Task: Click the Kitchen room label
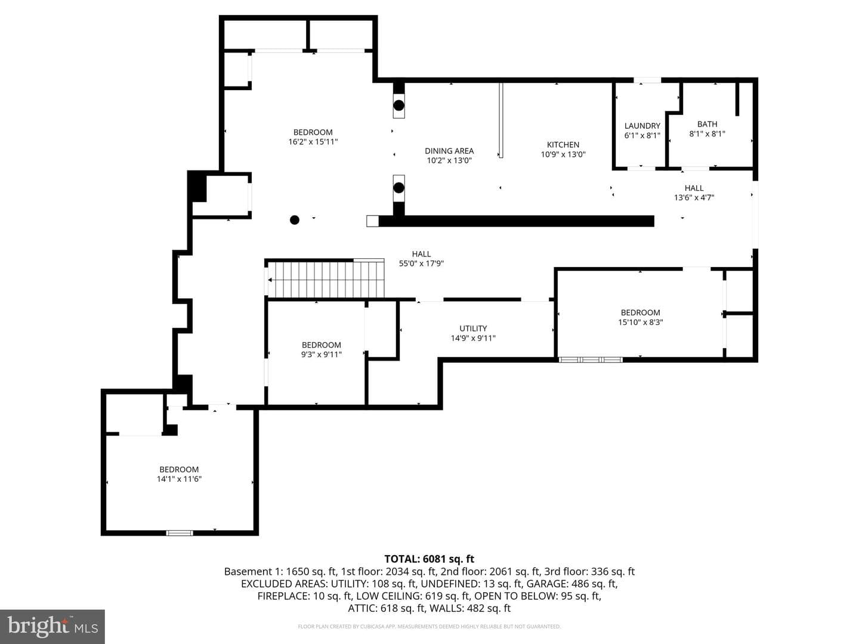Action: (x=563, y=145)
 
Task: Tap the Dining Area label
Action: (x=449, y=151)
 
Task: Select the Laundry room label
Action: (x=642, y=126)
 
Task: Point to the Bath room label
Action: (x=707, y=124)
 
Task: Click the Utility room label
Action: (x=473, y=329)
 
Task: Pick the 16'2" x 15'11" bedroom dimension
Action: (x=313, y=141)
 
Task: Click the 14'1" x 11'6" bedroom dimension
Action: (x=179, y=479)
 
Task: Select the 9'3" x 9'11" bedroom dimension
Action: (x=322, y=354)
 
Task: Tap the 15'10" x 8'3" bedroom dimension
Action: (x=641, y=322)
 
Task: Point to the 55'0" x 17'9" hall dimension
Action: (x=422, y=264)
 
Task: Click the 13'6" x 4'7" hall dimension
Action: (x=694, y=197)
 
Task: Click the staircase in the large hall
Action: (x=325, y=279)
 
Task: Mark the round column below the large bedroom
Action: (x=295, y=220)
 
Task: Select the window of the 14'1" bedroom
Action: (x=180, y=532)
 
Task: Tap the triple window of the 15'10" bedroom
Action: (x=590, y=360)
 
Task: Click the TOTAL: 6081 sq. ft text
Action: (x=429, y=559)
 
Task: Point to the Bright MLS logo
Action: (x=52, y=626)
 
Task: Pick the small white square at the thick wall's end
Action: (x=372, y=221)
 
